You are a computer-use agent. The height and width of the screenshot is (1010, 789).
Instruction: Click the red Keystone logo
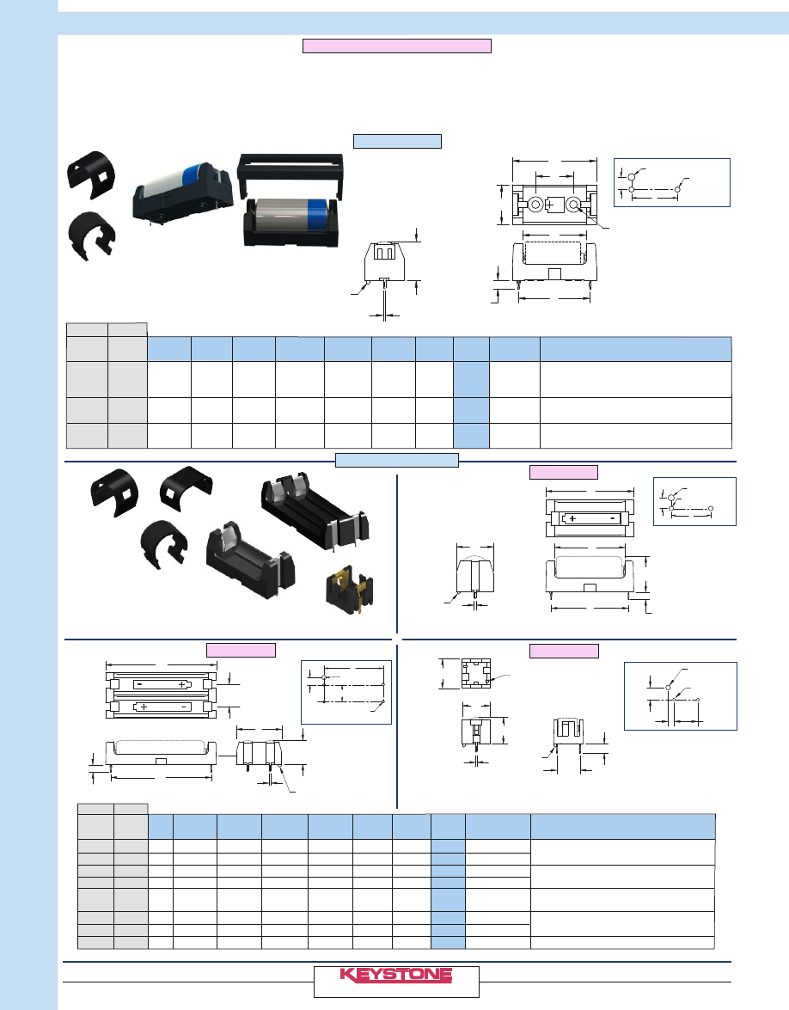point(396,975)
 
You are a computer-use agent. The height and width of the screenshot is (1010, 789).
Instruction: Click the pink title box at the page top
point(396,46)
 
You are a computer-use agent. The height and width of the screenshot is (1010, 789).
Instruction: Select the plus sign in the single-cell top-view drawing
point(571,518)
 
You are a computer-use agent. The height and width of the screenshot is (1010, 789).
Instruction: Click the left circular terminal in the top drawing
point(535,205)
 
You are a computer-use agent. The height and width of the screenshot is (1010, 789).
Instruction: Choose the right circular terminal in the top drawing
point(572,205)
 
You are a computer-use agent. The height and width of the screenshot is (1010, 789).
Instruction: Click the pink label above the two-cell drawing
point(241,650)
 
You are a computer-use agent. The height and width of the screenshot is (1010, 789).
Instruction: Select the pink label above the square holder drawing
point(564,650)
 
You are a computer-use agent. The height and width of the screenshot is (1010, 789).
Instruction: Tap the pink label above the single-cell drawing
point(564,471)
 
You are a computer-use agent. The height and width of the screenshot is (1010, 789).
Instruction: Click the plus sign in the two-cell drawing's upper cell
point(182,685)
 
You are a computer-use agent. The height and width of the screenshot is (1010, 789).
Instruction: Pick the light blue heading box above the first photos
point(396,141)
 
